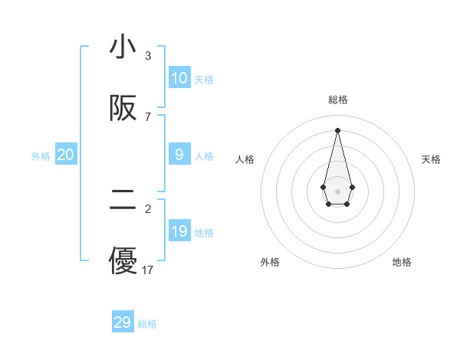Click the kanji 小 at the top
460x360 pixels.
pos(123,47)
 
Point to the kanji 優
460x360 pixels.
pos(123,260)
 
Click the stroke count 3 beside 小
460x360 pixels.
pos(148,56)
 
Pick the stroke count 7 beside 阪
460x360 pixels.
pos(148,117)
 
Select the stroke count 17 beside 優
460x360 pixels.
pos(148,270)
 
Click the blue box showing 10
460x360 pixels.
pos(179,78)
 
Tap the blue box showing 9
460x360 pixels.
pos(179,155)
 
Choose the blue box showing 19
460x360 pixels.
pos(179,231)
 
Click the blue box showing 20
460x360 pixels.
pos(66,155)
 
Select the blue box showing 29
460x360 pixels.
pos(123,322)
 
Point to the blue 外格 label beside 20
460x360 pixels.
pos(41,156)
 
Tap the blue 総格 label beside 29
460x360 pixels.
pos(147,324)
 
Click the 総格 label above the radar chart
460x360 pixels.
pos(337,100)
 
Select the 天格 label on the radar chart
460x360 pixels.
pos(432,159)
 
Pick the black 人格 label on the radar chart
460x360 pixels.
pos(245,159)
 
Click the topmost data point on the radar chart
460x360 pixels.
pos(337,129)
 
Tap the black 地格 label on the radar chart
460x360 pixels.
pos(402,262)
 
